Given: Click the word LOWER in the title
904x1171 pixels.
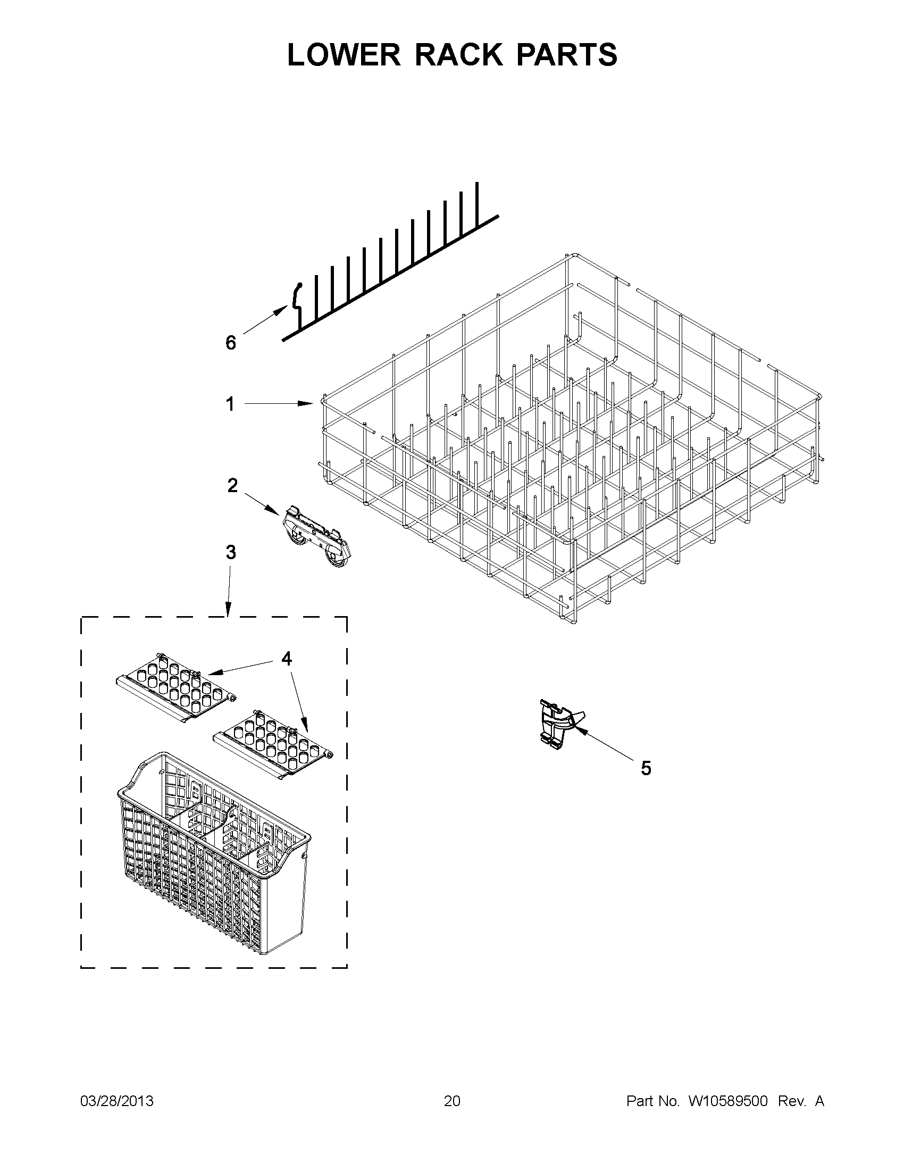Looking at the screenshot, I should click(x=344, y=55).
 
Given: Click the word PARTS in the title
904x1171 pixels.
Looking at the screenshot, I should click(x=566, y=55).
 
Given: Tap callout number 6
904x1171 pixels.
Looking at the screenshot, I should click(x=230, y=343).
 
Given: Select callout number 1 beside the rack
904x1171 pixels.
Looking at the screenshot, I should click(x=230, y=404).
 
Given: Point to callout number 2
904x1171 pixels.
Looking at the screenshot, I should click(x=232, y=486).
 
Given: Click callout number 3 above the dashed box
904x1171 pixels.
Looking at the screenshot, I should click(x=230, y=552).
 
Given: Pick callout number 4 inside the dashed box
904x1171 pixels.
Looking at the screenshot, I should click(x=287, y=659).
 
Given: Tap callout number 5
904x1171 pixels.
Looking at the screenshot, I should click(x=646, y=768).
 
